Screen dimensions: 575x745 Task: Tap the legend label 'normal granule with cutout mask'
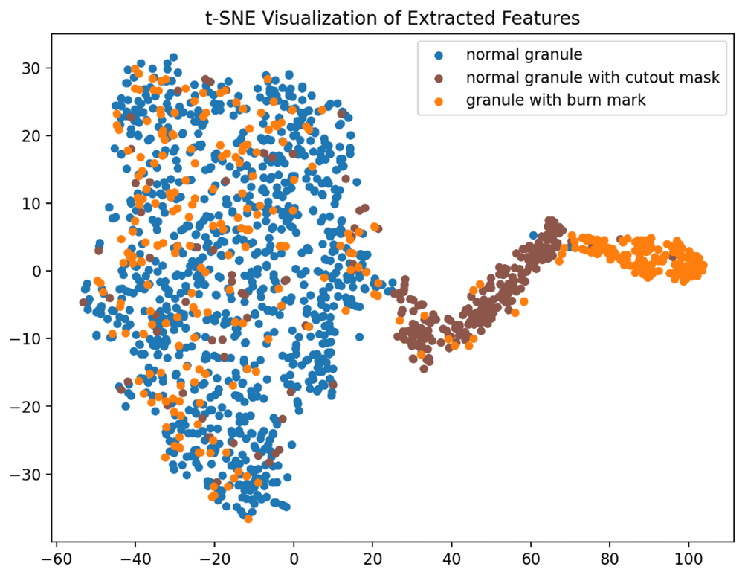[593, 77]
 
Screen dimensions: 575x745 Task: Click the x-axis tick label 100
[688, 557]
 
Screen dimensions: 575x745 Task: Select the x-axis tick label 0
[294, 557]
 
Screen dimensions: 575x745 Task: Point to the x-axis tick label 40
[452, 557]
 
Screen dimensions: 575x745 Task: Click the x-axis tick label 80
[610, 557]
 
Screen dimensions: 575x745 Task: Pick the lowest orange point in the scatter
[248, 518]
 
